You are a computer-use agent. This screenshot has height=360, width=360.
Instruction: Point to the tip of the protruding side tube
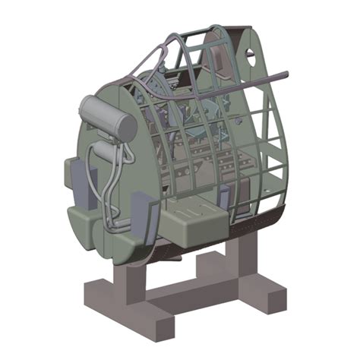click(x=287, y=74)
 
